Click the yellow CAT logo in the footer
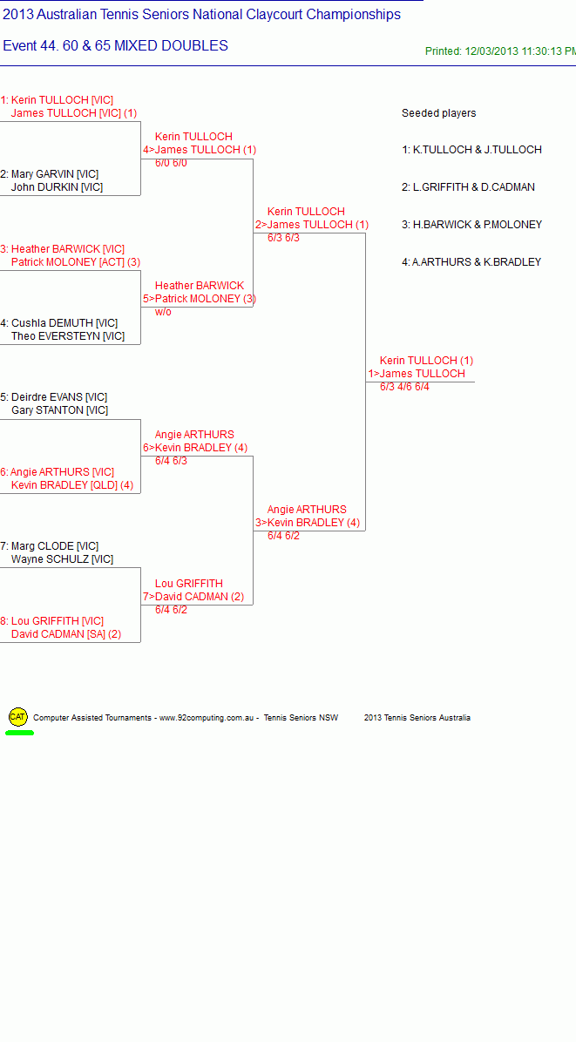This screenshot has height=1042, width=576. (18, 717)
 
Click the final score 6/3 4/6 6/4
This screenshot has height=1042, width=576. (404, 387)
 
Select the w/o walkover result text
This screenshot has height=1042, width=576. (164, 312)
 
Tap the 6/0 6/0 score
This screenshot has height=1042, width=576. (171, 163)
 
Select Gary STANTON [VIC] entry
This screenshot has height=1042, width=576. (59, 410)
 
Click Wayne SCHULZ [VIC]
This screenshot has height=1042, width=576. (62, 559)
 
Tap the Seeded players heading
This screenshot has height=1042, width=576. (438, 113)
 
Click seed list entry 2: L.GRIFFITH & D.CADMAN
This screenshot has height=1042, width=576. (468, 187)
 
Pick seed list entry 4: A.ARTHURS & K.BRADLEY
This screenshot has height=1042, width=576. (471, 262)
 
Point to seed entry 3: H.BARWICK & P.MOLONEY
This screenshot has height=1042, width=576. (471, 225)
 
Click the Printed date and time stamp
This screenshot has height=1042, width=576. (500, 51)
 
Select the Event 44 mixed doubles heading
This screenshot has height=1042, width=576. (116, 46)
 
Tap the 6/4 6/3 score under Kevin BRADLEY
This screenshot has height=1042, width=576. (171, 461)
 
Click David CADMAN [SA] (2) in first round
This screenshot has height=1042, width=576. (65, 634)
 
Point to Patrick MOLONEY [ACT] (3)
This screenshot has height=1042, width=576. (76, 262)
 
